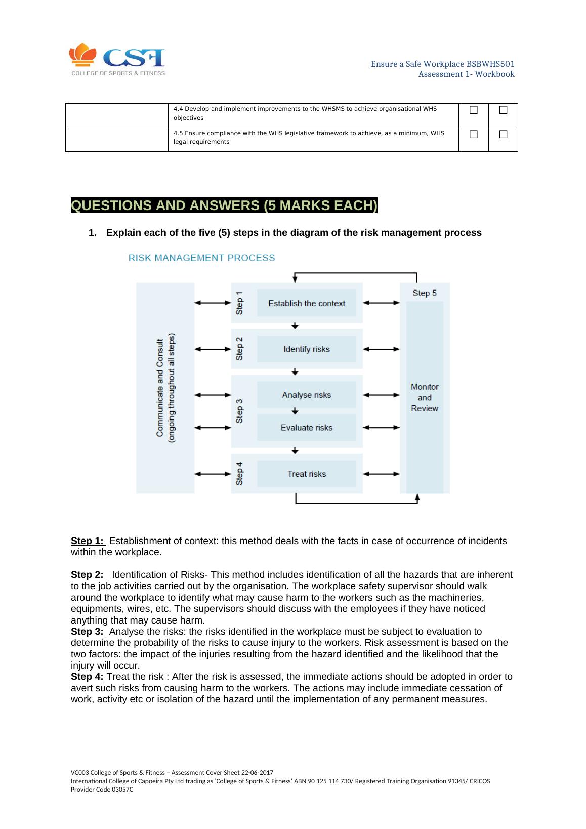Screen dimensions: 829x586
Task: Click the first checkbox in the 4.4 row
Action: [x=473, y=110]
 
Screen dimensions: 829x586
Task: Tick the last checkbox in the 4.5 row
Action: [x=503, y=134]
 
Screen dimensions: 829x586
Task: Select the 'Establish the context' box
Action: [x=306, y=303]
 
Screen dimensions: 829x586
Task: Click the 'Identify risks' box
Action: [x=306, y=349]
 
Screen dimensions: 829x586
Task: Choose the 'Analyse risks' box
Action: [x=306, y=395]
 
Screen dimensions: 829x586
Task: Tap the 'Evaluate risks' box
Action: [x=306, y=428]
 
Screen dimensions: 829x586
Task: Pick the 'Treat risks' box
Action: [x=306, y=474]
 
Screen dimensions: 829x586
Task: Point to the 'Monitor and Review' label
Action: [x=425, y=397]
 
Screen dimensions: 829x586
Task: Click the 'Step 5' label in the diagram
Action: [x=425, y=293]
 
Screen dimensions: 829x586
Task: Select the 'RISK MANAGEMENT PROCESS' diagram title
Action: [x=201, y=258]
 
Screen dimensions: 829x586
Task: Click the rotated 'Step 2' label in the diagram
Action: [x=239, y=349]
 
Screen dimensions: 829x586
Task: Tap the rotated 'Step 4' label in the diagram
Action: [x=239, y=473]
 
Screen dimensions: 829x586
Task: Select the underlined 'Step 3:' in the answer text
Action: [x=88, y=632]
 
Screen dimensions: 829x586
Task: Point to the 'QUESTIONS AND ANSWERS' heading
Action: [x=224, y=206]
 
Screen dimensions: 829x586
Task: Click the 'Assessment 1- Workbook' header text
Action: [x=466, y=74]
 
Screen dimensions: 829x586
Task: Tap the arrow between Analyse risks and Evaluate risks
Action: [x=296, y=411]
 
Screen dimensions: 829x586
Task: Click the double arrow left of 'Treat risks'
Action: [x=213, y=474]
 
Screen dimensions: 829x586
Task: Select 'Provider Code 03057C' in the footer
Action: [x=102, y=790]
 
